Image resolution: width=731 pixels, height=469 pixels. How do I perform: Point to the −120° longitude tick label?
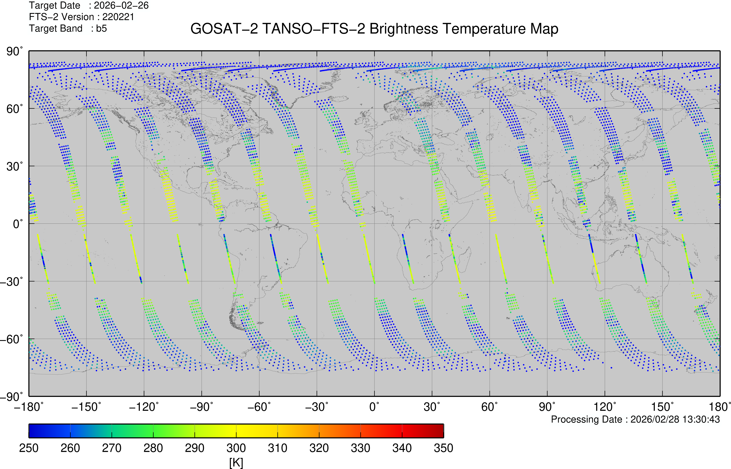coord(144,407)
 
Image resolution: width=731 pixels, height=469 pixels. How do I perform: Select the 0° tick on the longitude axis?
coord(374,407)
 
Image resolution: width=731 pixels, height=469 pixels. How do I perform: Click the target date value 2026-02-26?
coord(121,5)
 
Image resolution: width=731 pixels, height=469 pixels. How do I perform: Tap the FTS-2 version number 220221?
coord(118,17)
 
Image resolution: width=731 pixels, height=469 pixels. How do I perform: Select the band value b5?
coord(101,29)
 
